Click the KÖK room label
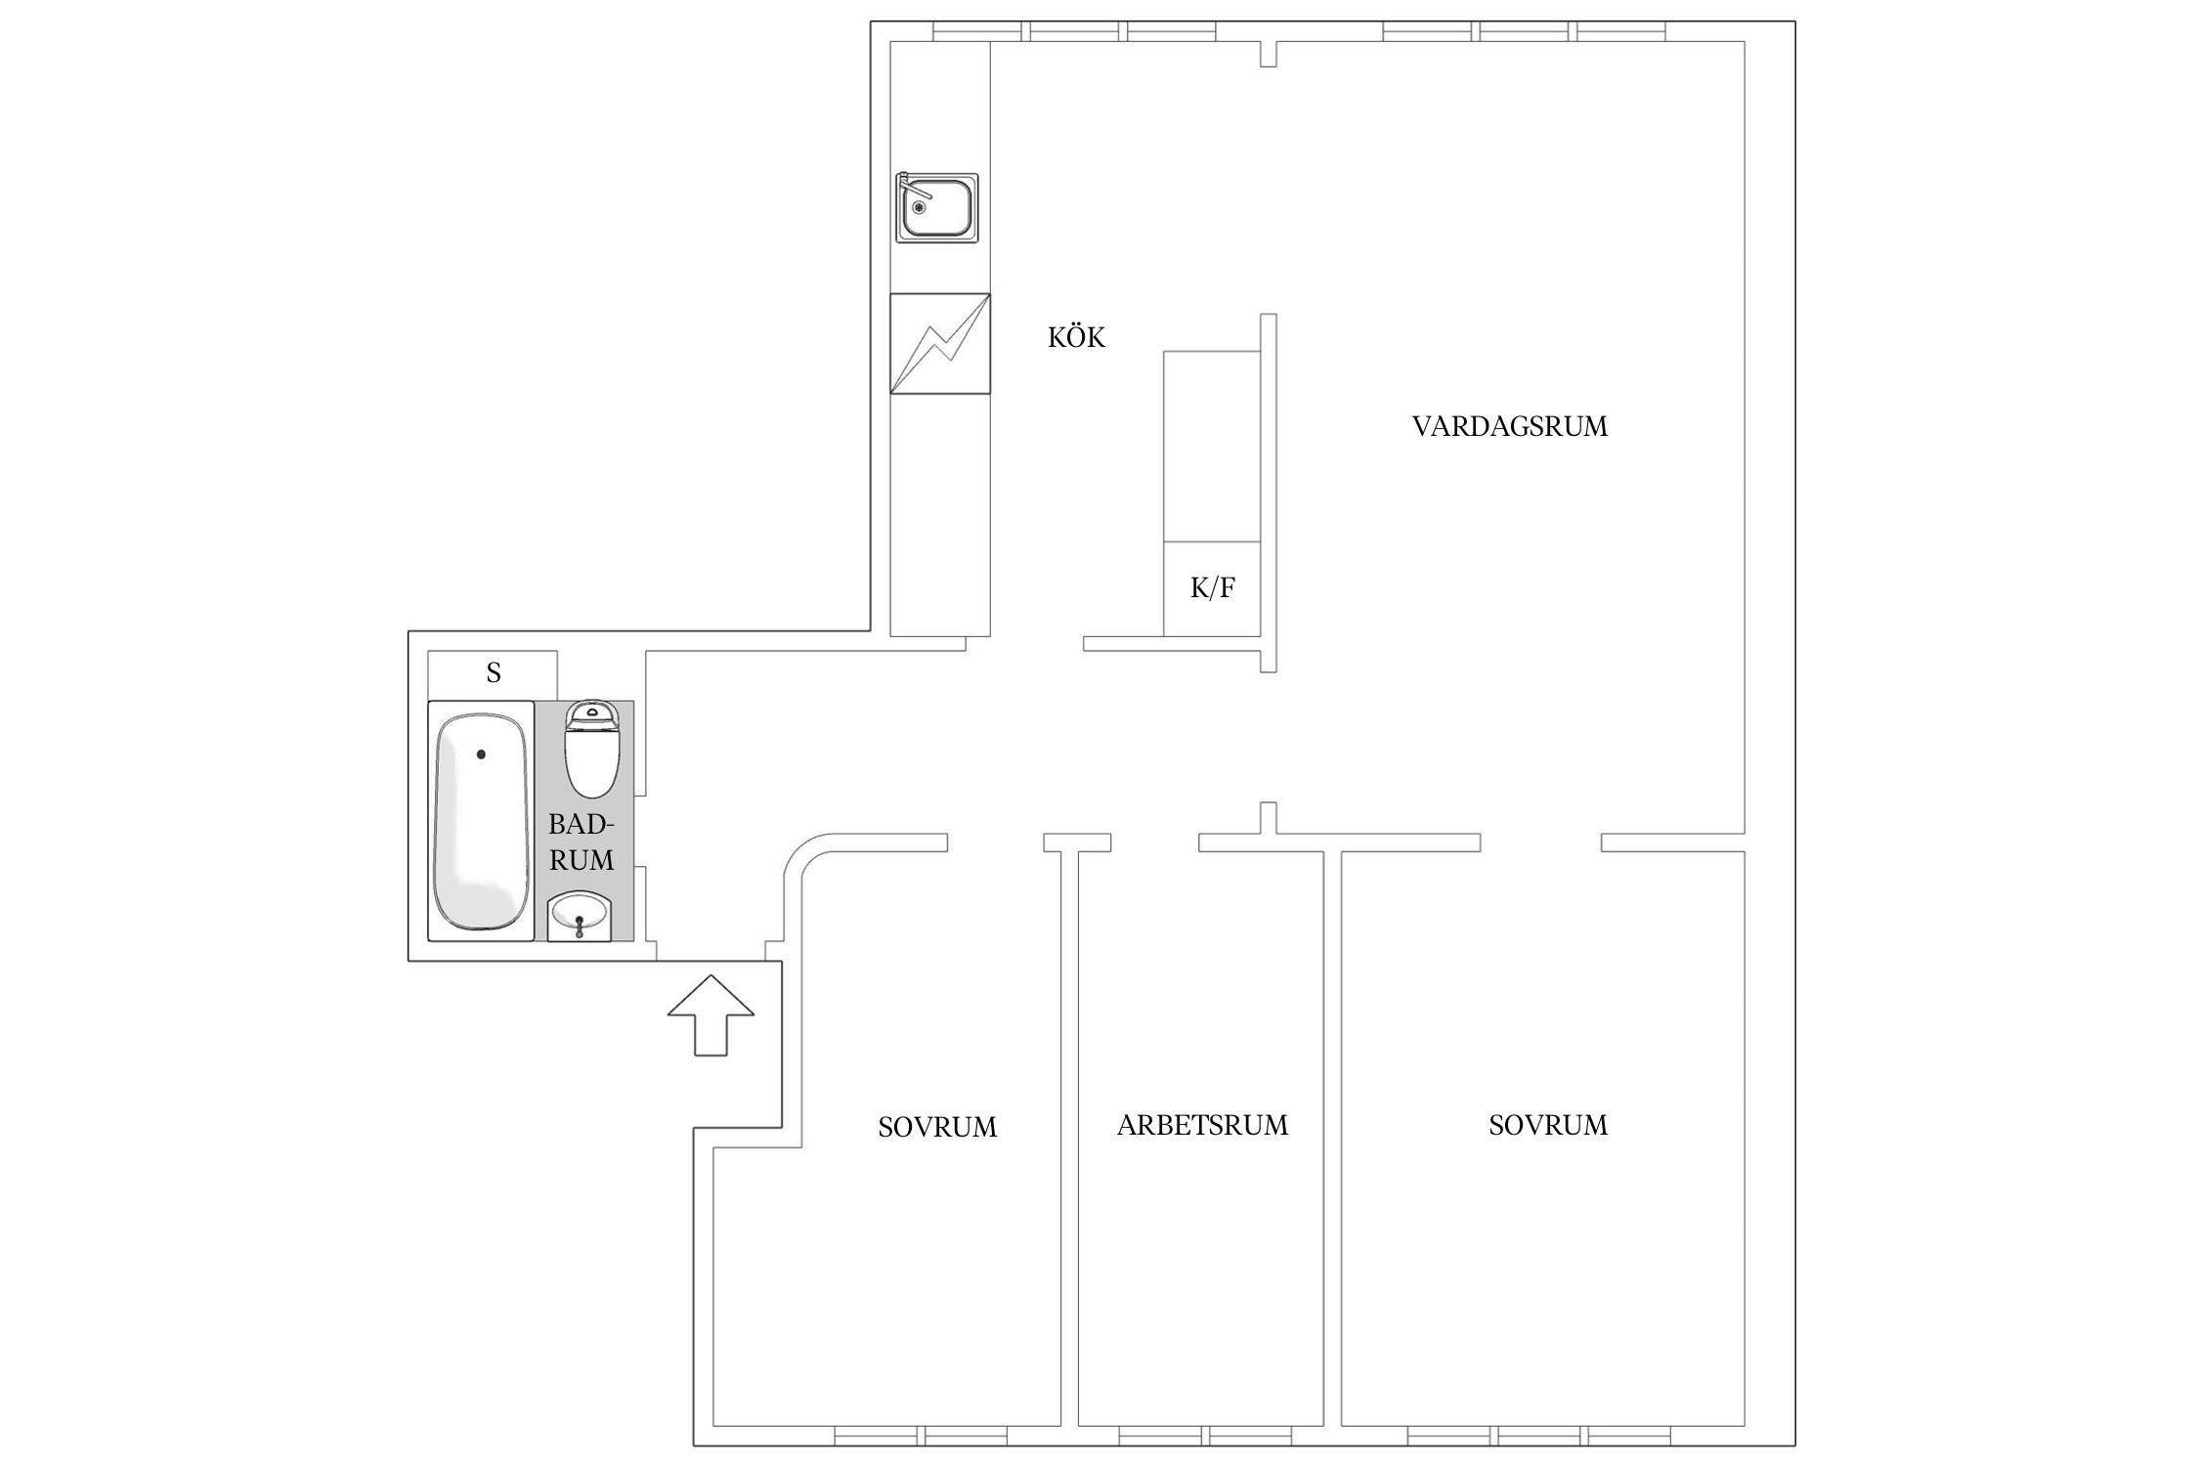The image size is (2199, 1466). [x=1076, y=337]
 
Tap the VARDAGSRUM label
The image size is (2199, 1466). [x=1509, y=426]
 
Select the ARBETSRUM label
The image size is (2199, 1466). [x=1202, y=1125]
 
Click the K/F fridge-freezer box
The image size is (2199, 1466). [x=1212, y=588]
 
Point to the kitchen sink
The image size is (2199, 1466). [x=937, y=207]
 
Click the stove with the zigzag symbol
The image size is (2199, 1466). [x=940, y=344]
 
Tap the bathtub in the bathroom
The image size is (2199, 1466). [x=481, y=821]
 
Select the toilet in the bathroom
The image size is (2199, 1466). [x=592, y=748]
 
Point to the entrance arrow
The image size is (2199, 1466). [x=711, y=1014]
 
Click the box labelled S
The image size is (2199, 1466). [x=493, y=674]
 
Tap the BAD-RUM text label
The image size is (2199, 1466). [x=582, y=842]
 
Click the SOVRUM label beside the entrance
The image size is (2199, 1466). [x=937, y=1127]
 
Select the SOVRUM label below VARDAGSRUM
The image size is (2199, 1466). [x=1548, y=1125]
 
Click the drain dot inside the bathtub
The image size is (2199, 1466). [x=481, y=755]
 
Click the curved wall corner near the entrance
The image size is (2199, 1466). [x=799, y=850]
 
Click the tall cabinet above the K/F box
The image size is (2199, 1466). [x=1212, y=446]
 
